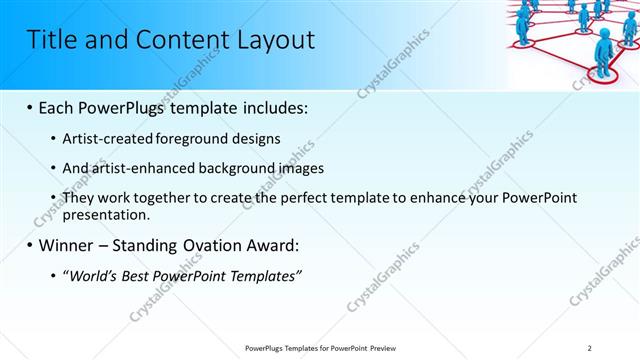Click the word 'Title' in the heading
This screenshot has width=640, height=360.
click(x=49, y=40)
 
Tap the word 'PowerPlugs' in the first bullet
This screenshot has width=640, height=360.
click(x=129, y=107)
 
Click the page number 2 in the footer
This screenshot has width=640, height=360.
click(x=590, y=347)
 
